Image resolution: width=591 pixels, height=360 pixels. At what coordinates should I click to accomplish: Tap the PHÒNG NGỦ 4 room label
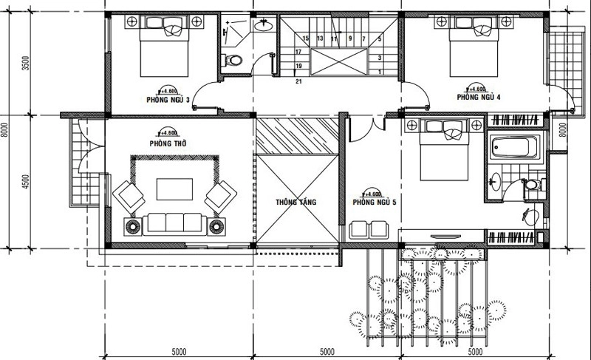[479, 97]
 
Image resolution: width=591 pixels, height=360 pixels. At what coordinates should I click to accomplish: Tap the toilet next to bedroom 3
[233, 61]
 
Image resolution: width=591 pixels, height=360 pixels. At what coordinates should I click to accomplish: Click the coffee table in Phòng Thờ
[174, 189]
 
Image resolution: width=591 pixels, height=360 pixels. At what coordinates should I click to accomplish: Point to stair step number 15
[305, 38]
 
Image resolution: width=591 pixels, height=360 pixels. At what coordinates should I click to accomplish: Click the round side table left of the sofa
[133, 225]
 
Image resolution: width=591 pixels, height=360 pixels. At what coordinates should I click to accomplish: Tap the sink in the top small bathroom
[262, 27]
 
